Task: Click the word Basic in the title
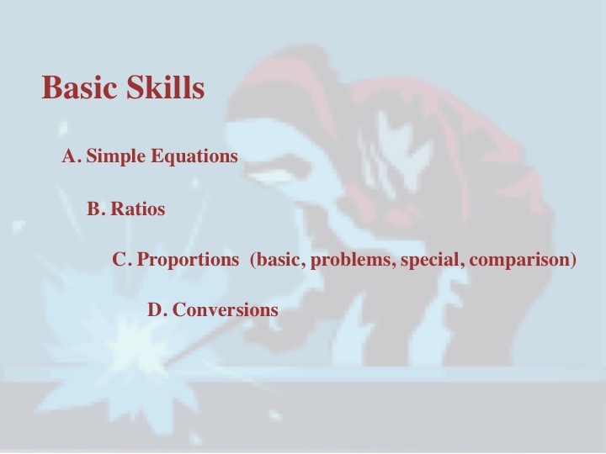79,87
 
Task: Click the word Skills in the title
166,87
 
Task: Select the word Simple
116,157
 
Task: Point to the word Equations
194,157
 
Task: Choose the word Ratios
138,209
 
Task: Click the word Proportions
189,260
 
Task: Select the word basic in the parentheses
278,259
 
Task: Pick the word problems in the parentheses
353,260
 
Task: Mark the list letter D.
157,309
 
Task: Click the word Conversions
226,309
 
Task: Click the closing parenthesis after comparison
573,260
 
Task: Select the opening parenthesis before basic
253,260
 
